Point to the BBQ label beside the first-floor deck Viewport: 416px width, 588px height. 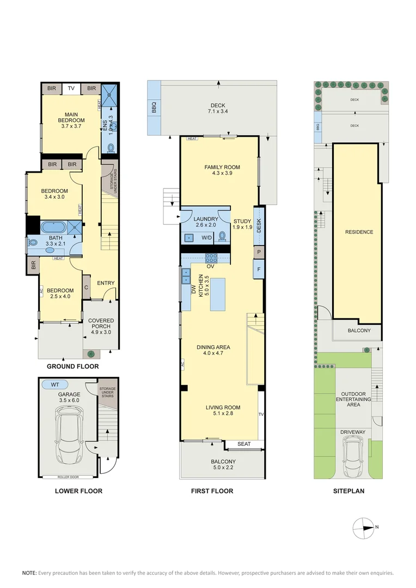(x=154, y=108)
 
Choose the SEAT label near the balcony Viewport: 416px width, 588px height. (x=244, y=444)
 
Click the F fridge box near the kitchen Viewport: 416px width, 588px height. (x=258, y=269)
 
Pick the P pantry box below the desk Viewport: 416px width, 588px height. (x=258, y=252)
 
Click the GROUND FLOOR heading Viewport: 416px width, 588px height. (x=72, y=366)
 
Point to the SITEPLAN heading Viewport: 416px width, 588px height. (x=348, y=491)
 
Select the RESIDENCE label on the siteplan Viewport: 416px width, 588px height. (x=359, y=232)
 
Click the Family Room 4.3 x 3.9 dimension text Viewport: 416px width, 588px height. (x=222, y=174)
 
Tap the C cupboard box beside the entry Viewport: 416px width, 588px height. (x=86, y=288)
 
